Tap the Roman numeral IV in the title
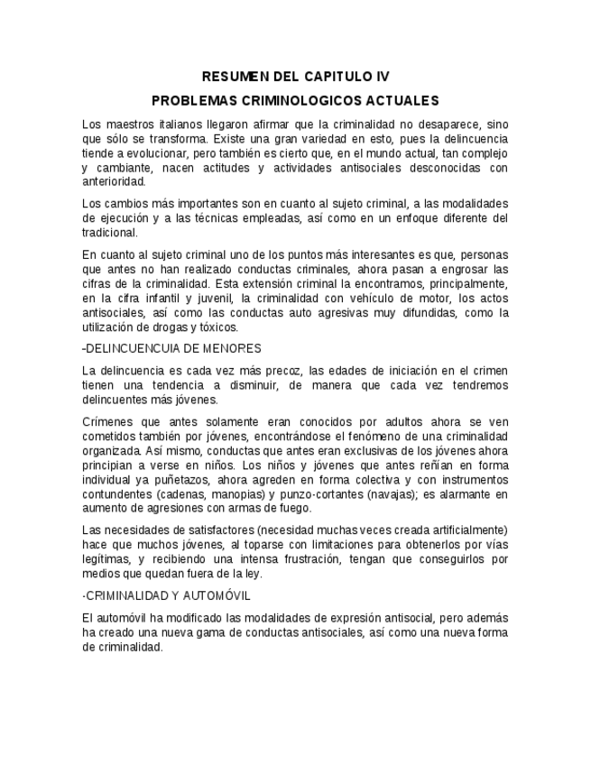pyautogui.click(x=379, y=77)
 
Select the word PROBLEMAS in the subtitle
pyautogui.click(x=194, y=100)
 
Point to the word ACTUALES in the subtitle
pyautogui.click(x=403, y=100)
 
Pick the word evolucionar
pyautogui.click(x=149, y=152)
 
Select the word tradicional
pyautogui.click(x=110, y=232)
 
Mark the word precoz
pyautogui.click(x=280, y=370)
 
